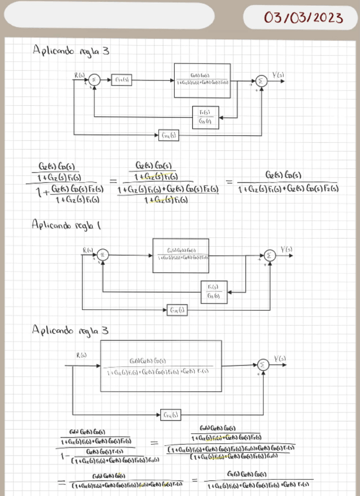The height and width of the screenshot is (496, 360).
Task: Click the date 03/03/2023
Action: click(x=303, y=18)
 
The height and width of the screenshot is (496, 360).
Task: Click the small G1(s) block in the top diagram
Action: click(x=122, y=80)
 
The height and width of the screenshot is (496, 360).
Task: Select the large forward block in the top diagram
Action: click(x=202, y=80)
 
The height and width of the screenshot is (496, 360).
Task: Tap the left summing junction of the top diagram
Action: click(x=96, y=80)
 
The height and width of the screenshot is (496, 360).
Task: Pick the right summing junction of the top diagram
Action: click(x=261, y=81)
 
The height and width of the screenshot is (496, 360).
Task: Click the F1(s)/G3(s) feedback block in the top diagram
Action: click(x=205, y=117)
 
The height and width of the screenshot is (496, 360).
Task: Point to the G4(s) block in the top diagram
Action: click(x=169, y=135)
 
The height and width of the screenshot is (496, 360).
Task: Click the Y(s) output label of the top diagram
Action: click(x=279, y=75)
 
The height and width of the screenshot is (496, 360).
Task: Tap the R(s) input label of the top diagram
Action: click(x=79, y=75)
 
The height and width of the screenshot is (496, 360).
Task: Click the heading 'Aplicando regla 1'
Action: click(x=66, y=224)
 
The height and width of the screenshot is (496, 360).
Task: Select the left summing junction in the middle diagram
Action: click(x=103, y=254)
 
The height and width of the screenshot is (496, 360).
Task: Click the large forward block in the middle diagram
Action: click(x=181, y=256)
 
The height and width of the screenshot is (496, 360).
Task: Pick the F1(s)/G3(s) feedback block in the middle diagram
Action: click(x=214, y=291)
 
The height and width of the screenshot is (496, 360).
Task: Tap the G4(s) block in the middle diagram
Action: click(x=176, y=309)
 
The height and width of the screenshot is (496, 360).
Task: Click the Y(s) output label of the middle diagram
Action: click(x=286, y=250)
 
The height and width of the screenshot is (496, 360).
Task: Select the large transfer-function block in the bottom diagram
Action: click(x=161, y=366)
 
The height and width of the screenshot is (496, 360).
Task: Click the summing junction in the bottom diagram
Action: click(x=264, y=365)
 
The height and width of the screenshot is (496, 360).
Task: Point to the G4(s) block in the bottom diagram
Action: click(x=171, y=415)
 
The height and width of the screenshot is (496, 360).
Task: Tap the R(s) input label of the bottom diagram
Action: click(x=81, y=355)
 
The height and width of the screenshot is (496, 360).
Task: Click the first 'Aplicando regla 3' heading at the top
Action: click(x=71, y=51)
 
